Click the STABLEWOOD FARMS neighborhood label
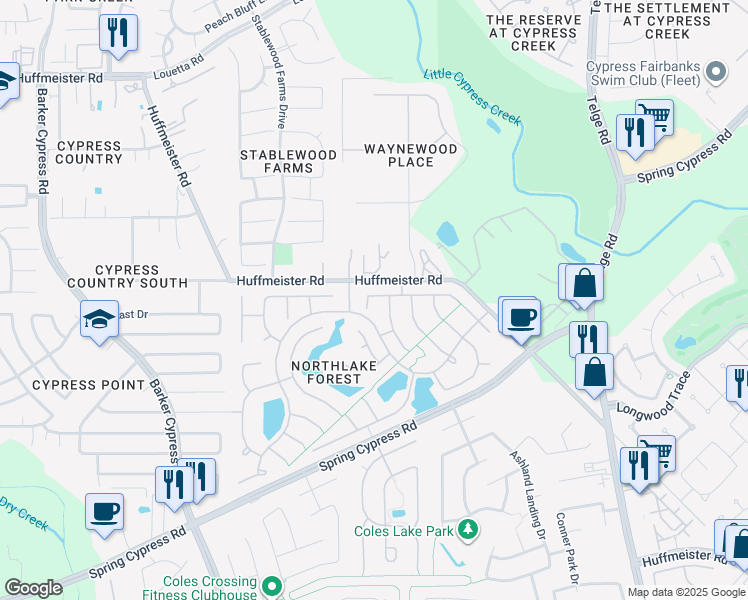pyautogui.click(x=276, y=161)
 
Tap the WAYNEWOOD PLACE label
pyautogui.click(x=410, y=155)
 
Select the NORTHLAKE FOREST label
pyautogui.click(x=334, y=372)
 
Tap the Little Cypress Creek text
pyautogui.click(x=472, y=97)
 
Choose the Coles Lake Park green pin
pyautogui.click(x=465, y=530)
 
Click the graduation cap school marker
pyautogui.click(x=100, y=320)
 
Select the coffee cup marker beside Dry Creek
pyautogui.click(x=104, y=512)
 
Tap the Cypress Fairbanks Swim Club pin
pyautogui.click(x=715, y=72)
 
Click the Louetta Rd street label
pyautogui.click(x=178, y=59)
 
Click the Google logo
pyautogui.click(x=33, y=588)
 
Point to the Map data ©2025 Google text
pyautogui.click(x=685, y=592)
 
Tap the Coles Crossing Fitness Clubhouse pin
pyautogui.click(x=271, y=584)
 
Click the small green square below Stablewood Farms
pyautogui.click(x=283, y=254)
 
